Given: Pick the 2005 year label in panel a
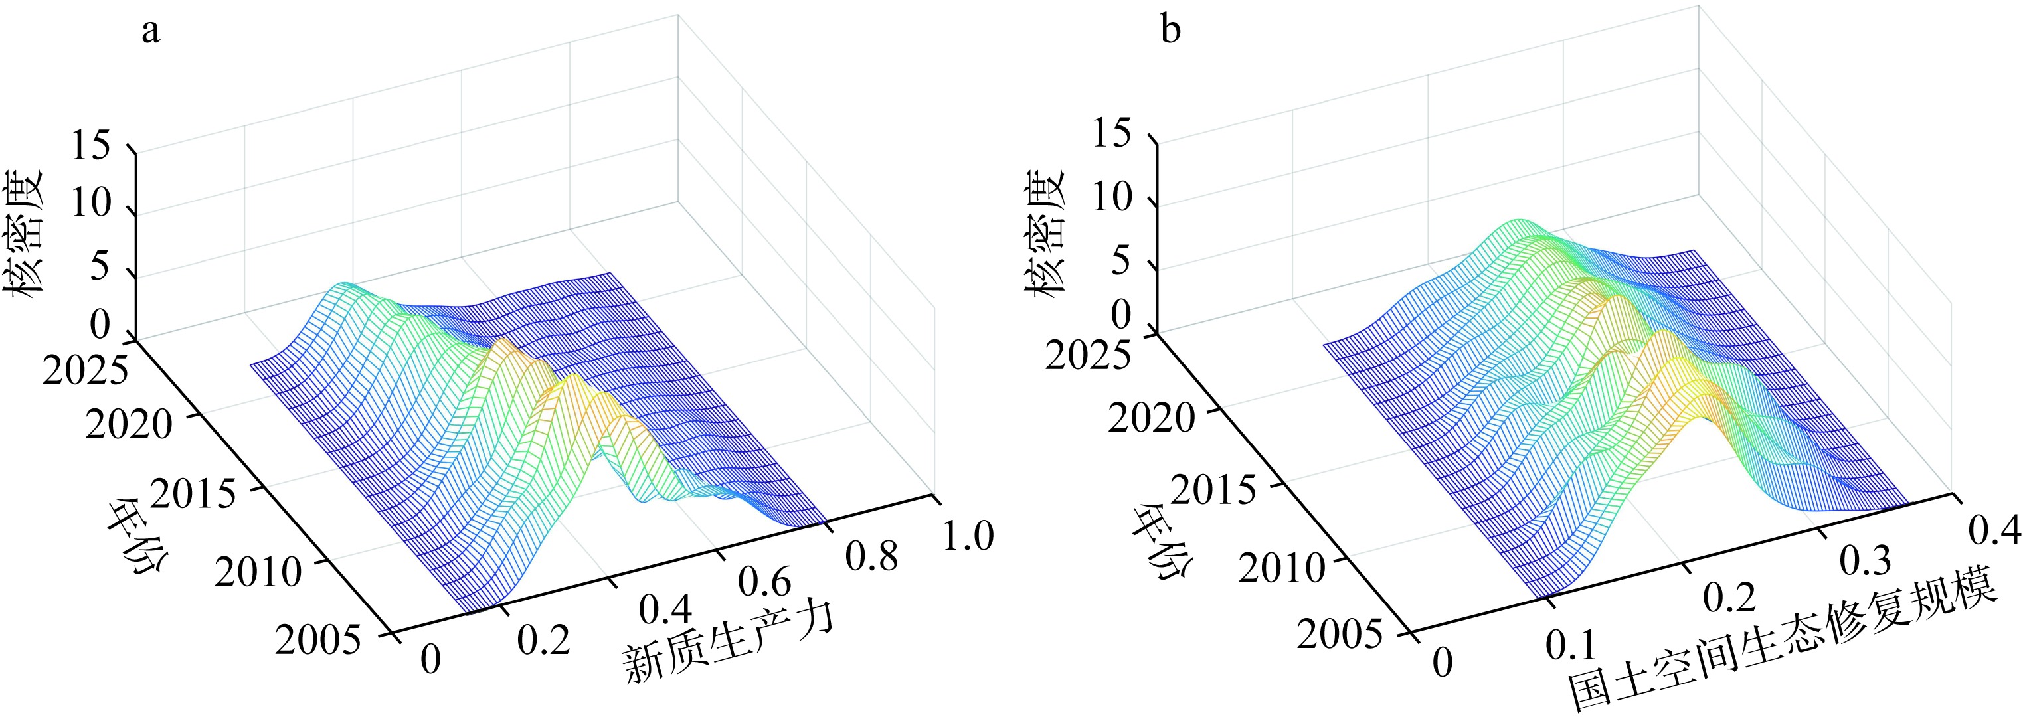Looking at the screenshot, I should [318, 640].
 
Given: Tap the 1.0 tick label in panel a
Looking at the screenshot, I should [968, 536].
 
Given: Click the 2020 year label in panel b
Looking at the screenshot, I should [1151, 418].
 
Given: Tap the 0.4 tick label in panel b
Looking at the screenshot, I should [1993, 530].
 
